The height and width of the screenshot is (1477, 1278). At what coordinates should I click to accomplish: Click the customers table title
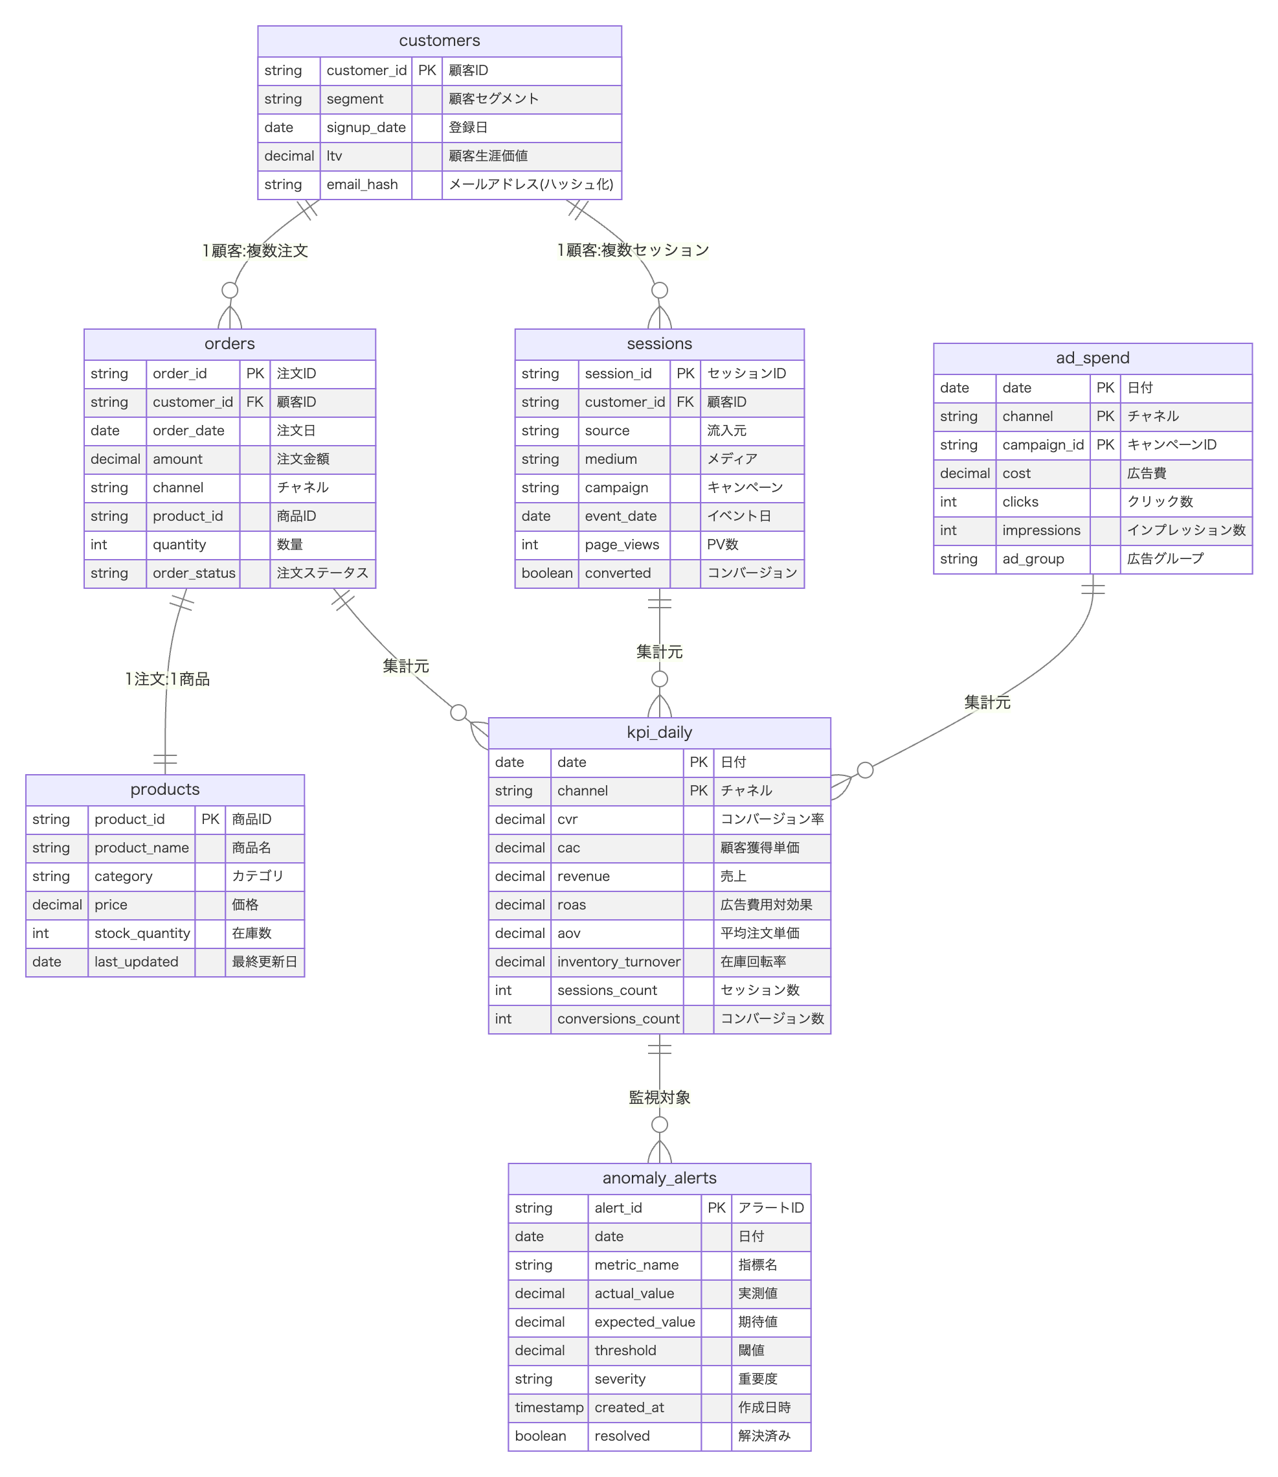tap(440, 41)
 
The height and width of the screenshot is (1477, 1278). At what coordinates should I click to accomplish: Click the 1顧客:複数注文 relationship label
tap(255, 251)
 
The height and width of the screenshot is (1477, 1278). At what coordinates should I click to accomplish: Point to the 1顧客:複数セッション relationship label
tap(633, 250)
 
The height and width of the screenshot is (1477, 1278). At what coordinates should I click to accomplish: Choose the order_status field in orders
tap(194, 573)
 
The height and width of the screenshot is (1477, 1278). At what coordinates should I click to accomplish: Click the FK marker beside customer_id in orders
tap(254, 402)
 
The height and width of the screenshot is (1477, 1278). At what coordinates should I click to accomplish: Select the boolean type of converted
tap(546, 573)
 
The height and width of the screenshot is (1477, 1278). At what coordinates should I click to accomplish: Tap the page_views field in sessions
tap(622, 544)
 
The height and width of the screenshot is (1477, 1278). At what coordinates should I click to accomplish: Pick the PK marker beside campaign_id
tap(1104, 444)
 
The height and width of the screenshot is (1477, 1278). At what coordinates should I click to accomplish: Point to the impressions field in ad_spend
tap(1040, 530)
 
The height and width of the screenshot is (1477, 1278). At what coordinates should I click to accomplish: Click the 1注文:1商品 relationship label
tap(168, 678)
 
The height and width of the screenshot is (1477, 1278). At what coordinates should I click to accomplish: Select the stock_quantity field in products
tap(142, 933)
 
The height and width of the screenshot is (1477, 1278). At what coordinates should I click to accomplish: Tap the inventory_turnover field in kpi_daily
tap(618, 961)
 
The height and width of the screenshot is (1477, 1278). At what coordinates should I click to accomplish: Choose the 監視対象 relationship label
tap(659, 1097)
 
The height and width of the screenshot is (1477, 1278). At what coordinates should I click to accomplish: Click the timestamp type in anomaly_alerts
tap(548, 1407)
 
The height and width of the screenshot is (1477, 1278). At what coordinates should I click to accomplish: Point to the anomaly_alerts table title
tap(659, 1178)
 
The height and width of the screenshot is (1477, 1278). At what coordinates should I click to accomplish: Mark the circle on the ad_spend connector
tap(864, 770)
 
